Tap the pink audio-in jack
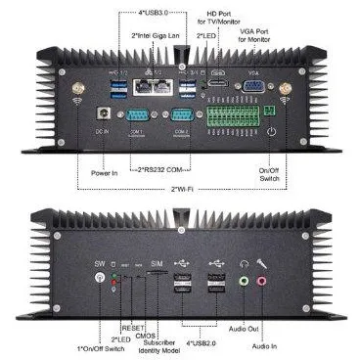point(261,281)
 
